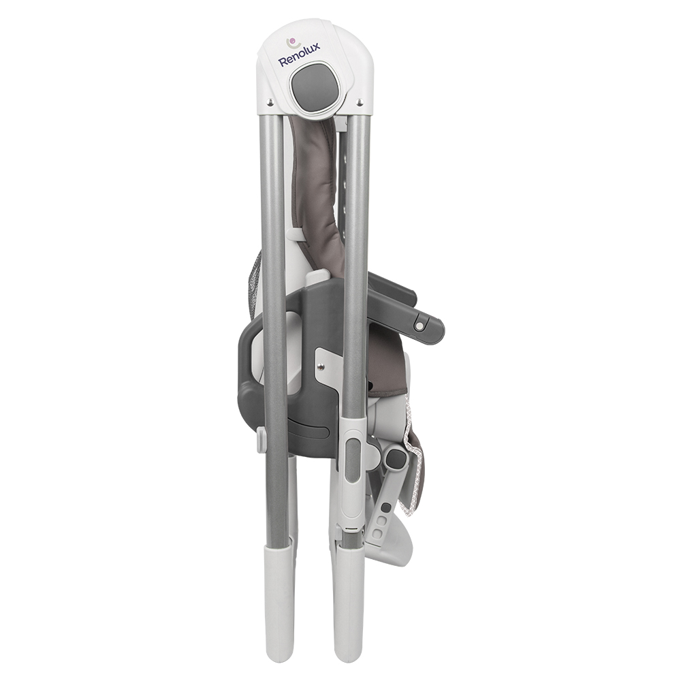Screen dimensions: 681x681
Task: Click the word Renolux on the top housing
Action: [300, 54]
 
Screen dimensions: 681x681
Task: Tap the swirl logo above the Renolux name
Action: [293, 42]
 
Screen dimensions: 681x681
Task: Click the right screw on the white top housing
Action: [359, 102]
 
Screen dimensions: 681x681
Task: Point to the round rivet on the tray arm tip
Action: [420, 325]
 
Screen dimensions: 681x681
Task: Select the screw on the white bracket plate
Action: [321, 366]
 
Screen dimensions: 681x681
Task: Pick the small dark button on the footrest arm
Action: [384, 507]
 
